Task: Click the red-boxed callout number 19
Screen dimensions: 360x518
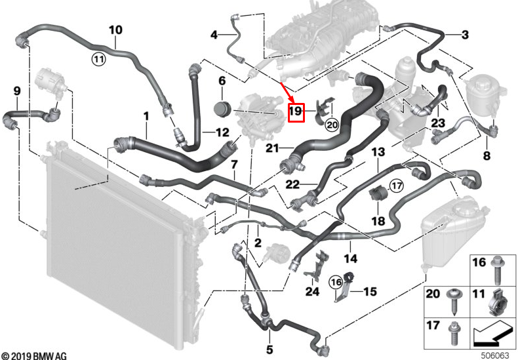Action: click(x=296, y=112)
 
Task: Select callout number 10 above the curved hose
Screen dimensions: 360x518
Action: click(x=115, y=30)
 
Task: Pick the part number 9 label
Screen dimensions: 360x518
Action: click(x=16, y=90)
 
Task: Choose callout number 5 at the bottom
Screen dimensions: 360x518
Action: click(x=269, y=349)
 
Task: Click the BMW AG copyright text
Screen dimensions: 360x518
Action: click(x=33, y=354)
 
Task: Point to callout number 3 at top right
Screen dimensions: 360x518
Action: click(x=464, y=35)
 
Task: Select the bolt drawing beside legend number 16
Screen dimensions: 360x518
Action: click(x=498, y=265)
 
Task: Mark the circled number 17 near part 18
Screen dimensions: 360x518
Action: click(x=395, y=186)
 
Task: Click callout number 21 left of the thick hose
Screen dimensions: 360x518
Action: click(x=273, y=148)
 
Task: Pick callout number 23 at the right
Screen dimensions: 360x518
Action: click(x=438, y=123)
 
